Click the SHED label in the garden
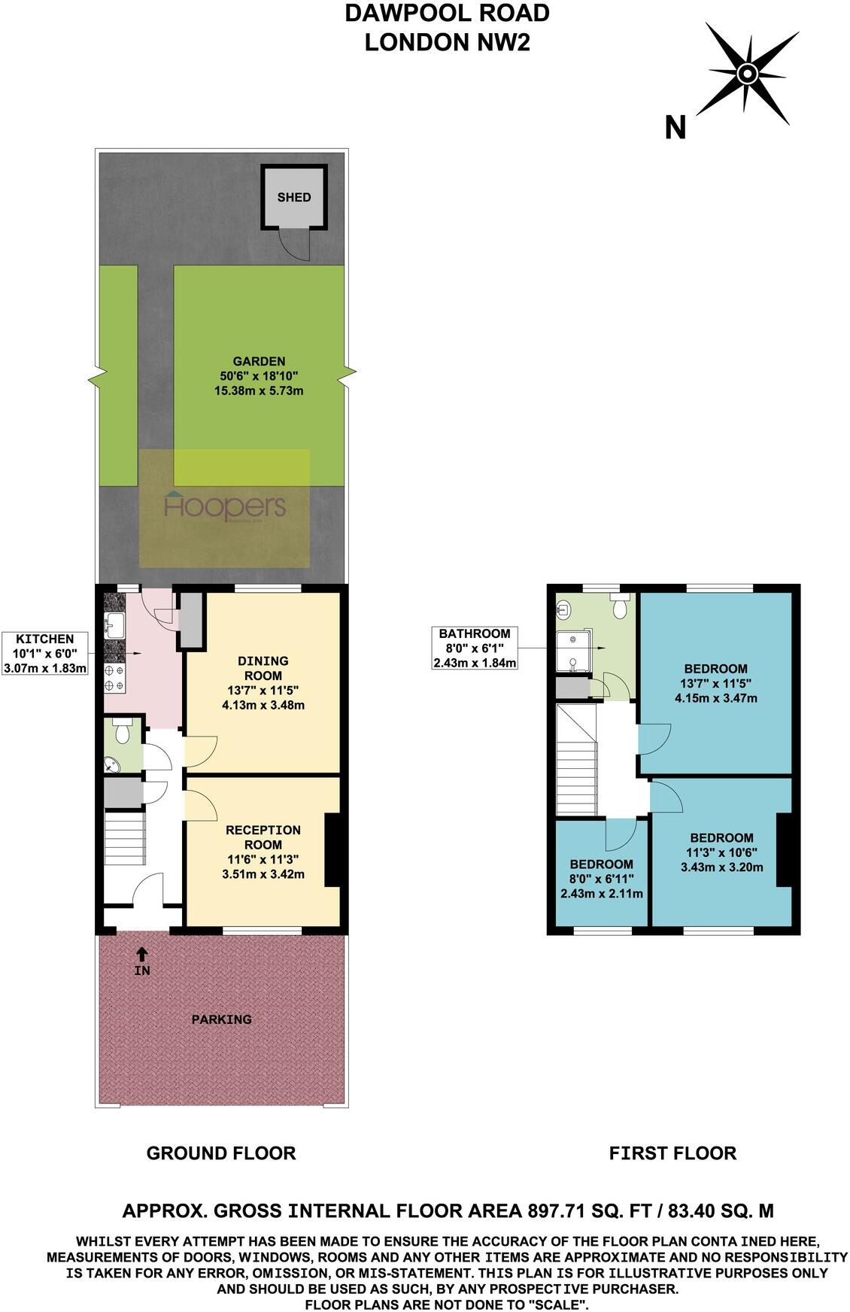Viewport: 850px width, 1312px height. pos(293,197)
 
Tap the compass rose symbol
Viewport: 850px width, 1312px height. pos(746,74)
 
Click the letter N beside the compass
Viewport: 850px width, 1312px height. pos(675,128)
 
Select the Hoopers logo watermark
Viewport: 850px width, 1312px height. pos(225,507)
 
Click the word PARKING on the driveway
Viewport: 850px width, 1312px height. pos(221,1019)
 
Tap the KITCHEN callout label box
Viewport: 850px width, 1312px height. pos(47,653)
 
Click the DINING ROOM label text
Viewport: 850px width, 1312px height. pos(263,667)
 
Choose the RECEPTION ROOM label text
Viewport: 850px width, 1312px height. pos(263,837)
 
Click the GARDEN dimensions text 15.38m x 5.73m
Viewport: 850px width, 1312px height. pos(259,390)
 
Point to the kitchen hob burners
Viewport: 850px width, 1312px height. pos(114,678)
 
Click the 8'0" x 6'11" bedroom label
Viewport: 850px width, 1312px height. pos(601,879)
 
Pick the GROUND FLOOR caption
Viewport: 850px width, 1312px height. pos(220,1153)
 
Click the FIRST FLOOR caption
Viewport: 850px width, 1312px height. pos(672,1153)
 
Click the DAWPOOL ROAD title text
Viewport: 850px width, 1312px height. pos(447,13)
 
